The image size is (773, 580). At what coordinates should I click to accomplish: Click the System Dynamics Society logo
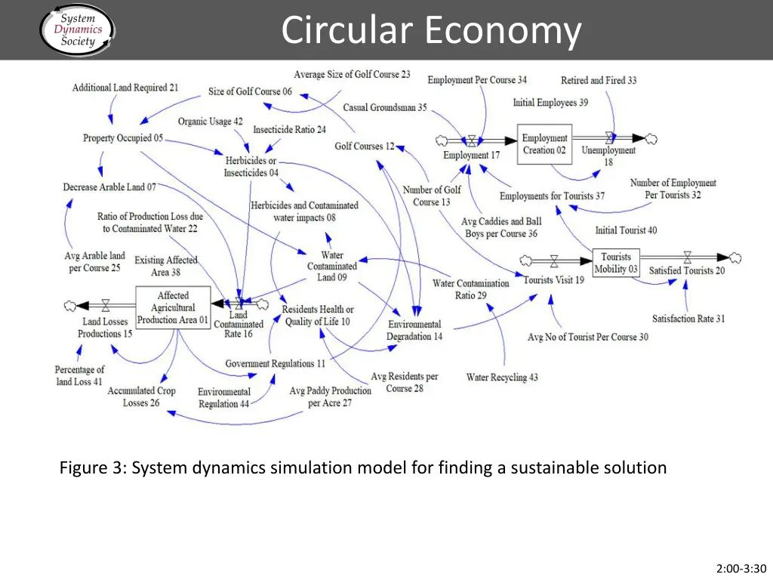(x=76, y=29)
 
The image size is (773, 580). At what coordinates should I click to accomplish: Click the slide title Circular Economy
(x=431, y=31)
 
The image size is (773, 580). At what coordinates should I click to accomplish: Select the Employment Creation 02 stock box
(x=544, y=144)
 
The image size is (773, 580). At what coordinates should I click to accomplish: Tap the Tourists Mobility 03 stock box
(x=615, y=264)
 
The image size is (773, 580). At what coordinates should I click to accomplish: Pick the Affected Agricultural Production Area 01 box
(x=172, y=307)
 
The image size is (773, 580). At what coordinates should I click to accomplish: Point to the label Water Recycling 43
(x=502, y=377)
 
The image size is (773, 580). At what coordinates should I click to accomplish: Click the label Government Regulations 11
(x=275, y=364)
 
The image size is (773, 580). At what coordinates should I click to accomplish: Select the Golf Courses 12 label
(x=365, y=146)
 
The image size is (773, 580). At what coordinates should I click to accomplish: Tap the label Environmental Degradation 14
(x=414, y=330)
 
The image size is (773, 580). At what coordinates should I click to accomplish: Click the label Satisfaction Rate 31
(x=688, y=319)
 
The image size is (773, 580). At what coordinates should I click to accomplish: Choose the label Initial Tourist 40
(x=626, y=230)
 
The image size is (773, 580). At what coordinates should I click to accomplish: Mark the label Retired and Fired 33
(x=599, y=80)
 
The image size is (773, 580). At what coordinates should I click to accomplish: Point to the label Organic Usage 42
(x=210, y=122)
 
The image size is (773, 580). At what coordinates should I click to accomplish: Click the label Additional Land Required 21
(x=125, y=88)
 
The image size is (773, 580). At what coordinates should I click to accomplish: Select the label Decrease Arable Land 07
(x=109, y=187)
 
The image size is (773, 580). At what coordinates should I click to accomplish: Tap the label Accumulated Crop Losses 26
(x=141, y=396)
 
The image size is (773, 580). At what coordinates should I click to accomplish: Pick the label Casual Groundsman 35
(x=384, y=107)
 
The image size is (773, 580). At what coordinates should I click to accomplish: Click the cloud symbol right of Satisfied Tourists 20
(x=735, y=258)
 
